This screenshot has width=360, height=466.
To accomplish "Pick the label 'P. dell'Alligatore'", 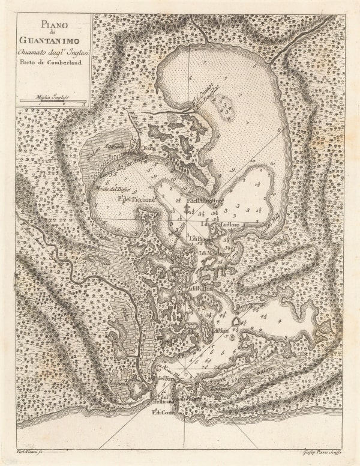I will tap(205, 200).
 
